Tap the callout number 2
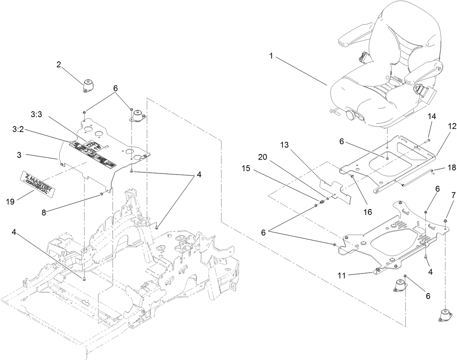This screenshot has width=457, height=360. coord(58,65)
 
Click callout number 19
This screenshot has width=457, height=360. coord(11,191)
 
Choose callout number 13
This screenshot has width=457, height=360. coord(284,145)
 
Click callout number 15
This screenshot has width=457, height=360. coord(246,169)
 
